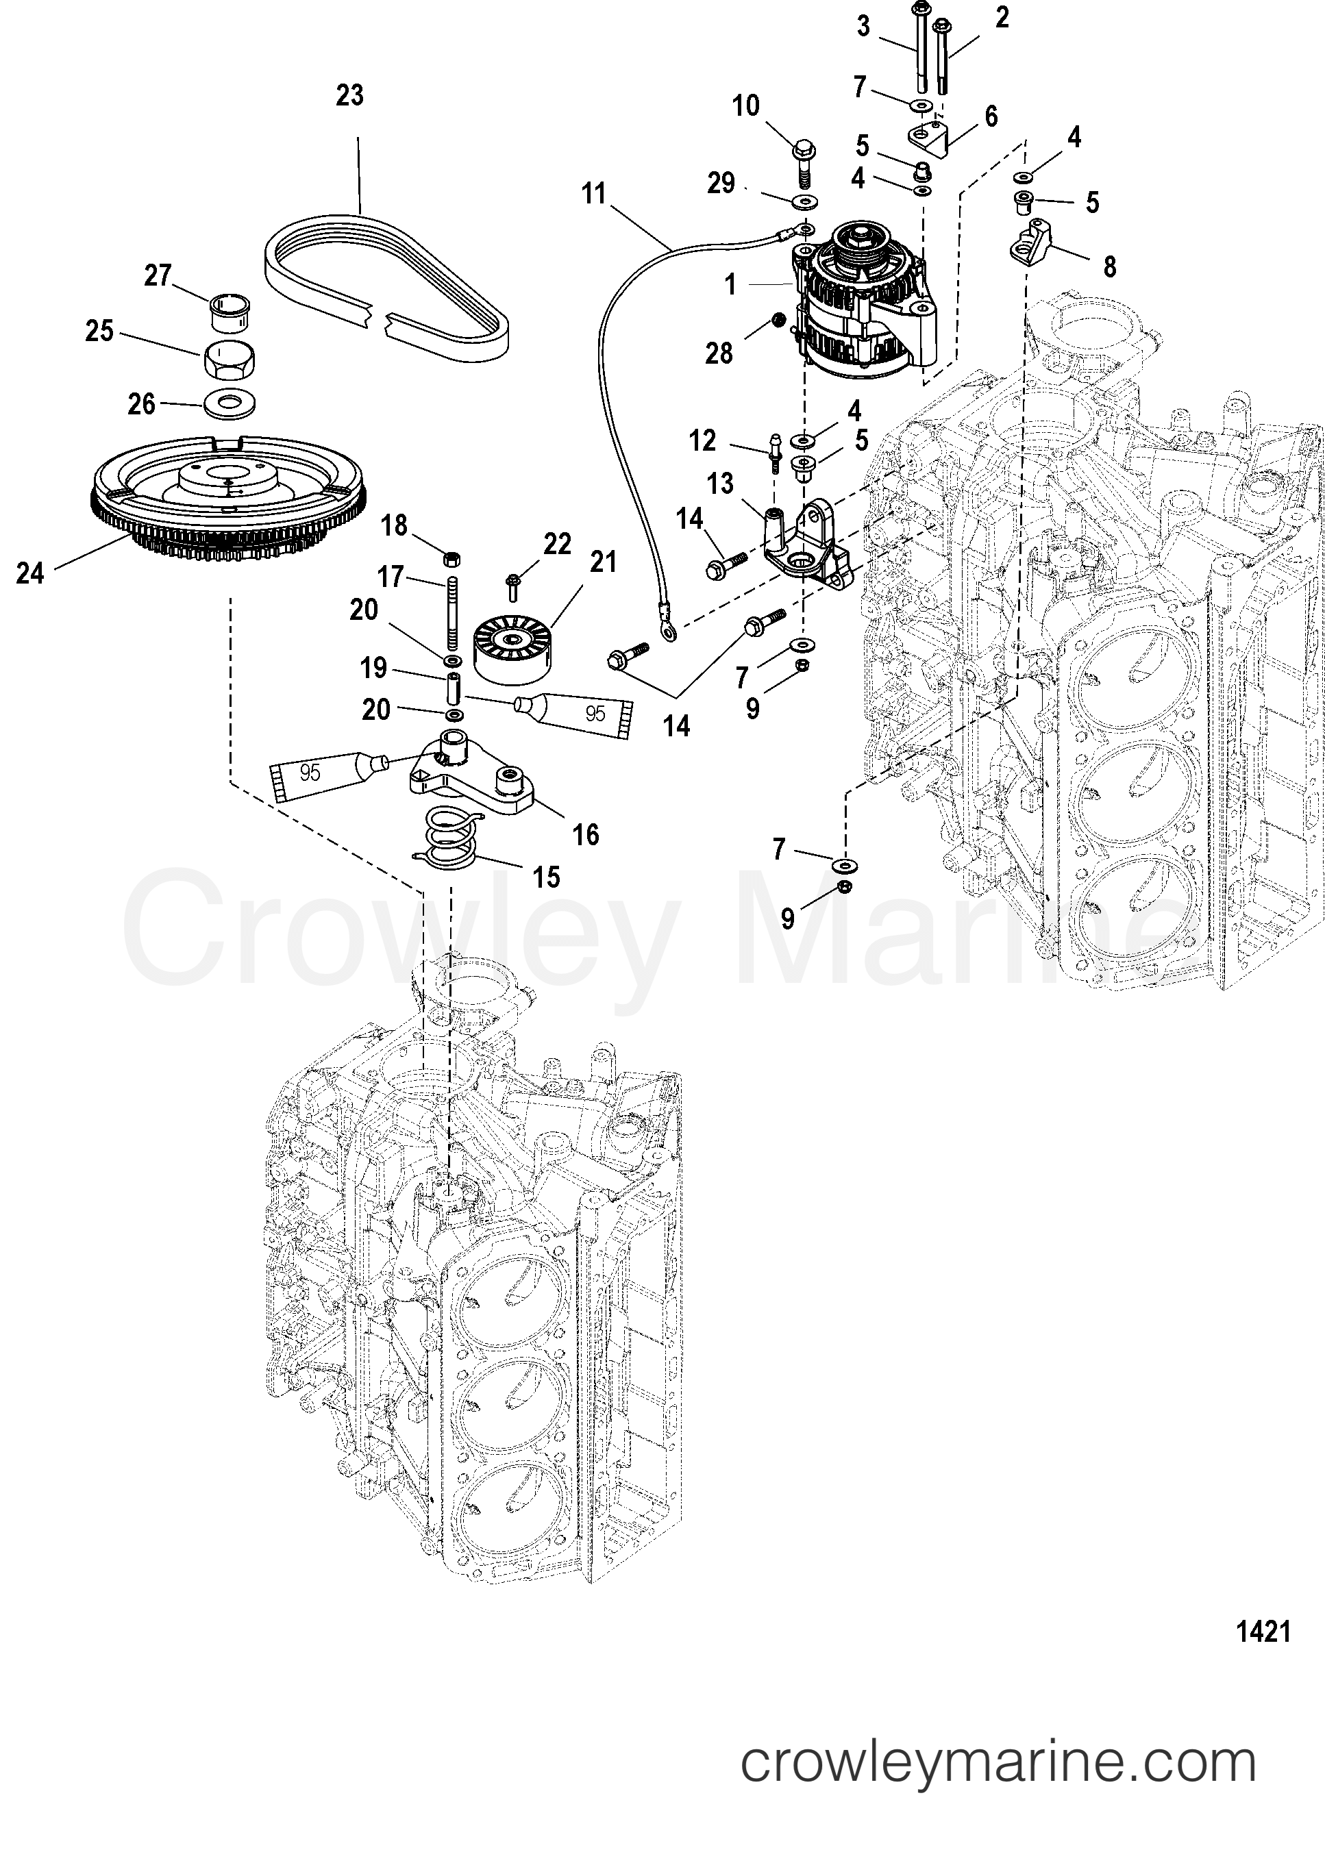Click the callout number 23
point(350,95)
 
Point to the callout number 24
point(30,573)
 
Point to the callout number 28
point(719,353)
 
